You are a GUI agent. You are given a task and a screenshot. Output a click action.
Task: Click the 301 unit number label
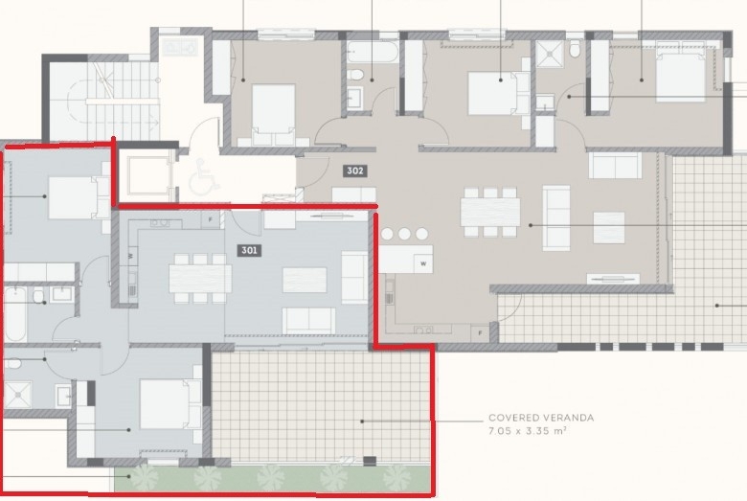[249, 250]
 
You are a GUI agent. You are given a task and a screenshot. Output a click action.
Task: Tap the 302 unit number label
[355, 171]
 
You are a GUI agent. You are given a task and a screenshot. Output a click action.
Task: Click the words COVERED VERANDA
[541, 418]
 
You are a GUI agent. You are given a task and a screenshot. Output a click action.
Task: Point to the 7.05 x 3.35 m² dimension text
[528, 431]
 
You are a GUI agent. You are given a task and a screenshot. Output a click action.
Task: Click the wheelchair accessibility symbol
[204, 175]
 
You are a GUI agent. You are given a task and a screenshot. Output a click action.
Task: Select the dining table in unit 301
[200, 279]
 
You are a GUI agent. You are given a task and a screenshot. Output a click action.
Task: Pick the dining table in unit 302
[489, 212]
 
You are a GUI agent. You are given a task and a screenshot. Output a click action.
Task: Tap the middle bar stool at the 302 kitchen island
[404, 234]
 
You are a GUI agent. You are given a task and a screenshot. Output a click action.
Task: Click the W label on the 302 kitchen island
[423, 263]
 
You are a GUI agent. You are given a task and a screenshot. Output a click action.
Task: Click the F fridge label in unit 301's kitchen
[210, 219]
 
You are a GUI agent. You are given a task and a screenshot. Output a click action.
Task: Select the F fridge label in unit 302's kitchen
[480, 333]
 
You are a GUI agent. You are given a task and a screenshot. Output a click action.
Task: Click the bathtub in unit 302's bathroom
[373, 52]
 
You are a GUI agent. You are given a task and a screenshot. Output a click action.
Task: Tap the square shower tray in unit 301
[18, 395]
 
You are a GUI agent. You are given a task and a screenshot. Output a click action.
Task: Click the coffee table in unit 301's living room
[305, 280]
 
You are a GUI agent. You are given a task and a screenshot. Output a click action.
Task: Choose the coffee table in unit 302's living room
[609, 228]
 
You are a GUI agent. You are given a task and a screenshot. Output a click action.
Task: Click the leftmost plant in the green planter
[144, 477]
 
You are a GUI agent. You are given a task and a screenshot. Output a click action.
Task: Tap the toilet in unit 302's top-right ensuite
[576, 49]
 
